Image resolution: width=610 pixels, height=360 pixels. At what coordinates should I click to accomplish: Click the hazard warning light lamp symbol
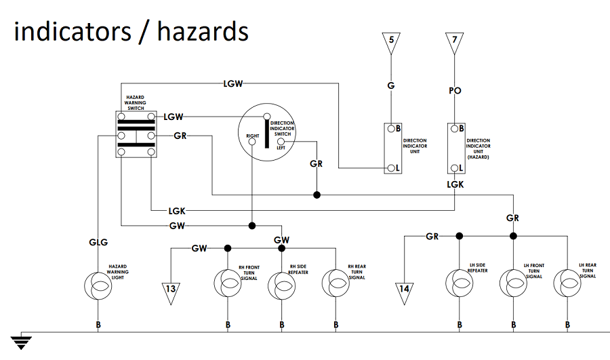click(x=98, y=286)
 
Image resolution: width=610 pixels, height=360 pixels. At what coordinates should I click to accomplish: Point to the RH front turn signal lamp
click(x=228, y=283)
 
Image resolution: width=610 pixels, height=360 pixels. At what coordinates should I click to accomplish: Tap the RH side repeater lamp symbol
click(x=282, y=286)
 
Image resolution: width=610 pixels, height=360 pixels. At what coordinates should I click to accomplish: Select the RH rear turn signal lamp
click(x=335, y=283)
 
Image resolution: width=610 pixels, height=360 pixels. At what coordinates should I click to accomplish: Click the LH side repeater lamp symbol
click(x=460, y=283)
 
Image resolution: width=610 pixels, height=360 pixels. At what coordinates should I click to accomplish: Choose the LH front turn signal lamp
click(x=514, y=283)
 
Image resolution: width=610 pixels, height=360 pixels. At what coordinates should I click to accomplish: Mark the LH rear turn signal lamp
click(x=567, y=283)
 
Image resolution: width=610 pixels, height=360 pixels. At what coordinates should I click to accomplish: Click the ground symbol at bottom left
click(x=21, y=341)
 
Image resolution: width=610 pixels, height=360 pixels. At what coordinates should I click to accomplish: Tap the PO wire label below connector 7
click(x=455, y=91)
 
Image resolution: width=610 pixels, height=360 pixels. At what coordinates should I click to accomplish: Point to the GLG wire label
click(x=98, y=243)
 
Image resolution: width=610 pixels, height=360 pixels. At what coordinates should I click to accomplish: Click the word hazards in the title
click(x=203, y=31)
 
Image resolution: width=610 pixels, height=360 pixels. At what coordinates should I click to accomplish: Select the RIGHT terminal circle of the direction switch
click(x=252, y=142)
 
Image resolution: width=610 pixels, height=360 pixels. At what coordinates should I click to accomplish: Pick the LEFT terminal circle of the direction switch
click(x=281, y=142)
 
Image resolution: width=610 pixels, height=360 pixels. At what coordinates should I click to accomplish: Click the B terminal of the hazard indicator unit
click(x=454, y=128)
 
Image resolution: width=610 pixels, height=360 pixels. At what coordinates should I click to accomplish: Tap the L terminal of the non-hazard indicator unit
click(x=391, y=168)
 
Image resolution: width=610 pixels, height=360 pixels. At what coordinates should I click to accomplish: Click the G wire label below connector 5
click(x=391, y=85)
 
